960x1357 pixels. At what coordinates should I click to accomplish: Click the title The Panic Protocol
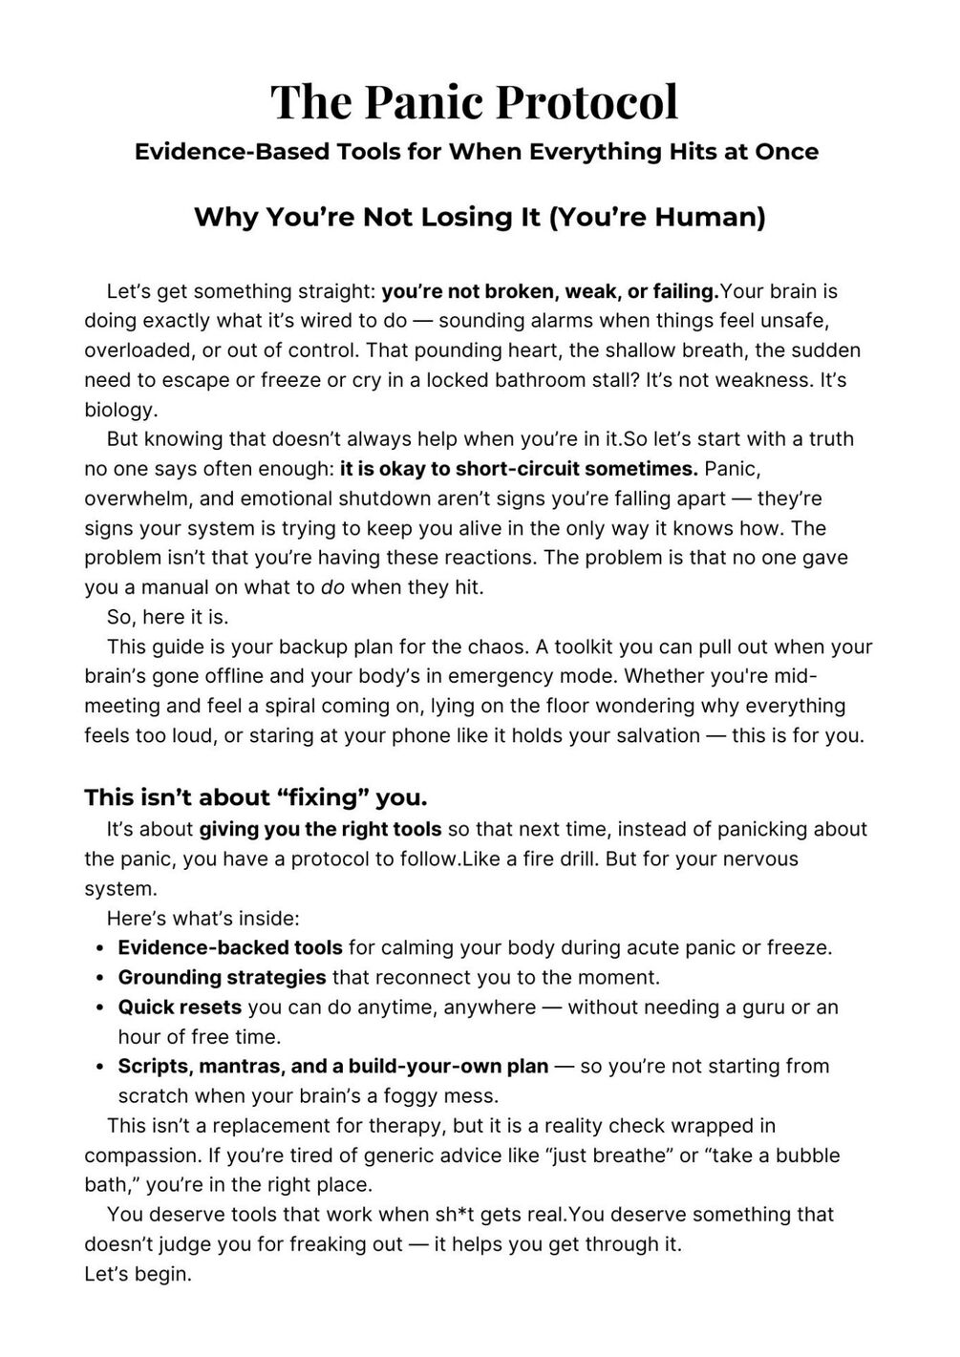(x=475, y=101)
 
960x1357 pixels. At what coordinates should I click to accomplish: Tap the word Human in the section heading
(x=707, y=218)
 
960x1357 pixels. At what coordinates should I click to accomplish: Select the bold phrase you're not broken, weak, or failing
(x=549, y=291)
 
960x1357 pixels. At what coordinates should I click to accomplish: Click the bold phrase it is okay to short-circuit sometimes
(x=519, y=469)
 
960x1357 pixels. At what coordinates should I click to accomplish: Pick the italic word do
(x=332, y=587)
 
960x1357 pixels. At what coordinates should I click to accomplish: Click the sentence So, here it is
(x=167, y=617)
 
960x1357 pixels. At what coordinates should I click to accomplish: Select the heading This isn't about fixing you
(x=255, y=796)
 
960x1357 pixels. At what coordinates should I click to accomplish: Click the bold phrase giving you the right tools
(x=320, y=829)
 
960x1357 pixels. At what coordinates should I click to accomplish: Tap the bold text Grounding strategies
(x=222, y=977)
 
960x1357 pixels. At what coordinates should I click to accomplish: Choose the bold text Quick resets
(x=180, y=1007)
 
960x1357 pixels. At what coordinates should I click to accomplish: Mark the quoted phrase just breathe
(x=608, y=1156)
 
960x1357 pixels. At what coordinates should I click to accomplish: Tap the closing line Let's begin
(x=138, y=1274)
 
